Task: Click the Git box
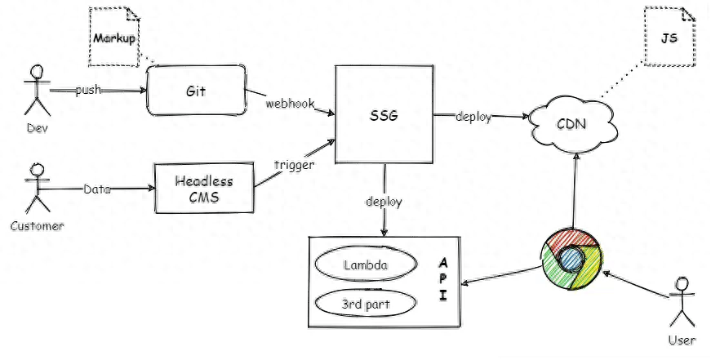click(196, 91)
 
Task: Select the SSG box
click(384, 114)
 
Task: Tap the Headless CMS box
click(204, 188)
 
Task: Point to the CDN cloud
click(574, 122)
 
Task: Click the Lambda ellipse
click(366, 264)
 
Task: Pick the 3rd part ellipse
click(366, 304)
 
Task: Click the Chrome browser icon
click(572, 260)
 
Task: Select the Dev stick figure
click(38, 90)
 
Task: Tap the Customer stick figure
click(38, 188)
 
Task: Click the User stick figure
click(682, 302)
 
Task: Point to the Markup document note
click(113, 38)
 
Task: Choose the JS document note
click(669, 37)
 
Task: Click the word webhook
click(291, 104)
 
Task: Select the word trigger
click(295, 165)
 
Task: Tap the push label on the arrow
click(88, 91)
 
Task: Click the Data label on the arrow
click(97, 189)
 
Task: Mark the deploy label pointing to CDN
click(473, 117)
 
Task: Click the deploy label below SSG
click(384, 202)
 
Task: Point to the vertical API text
click(443, 279)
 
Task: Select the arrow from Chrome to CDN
click(575, 191)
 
